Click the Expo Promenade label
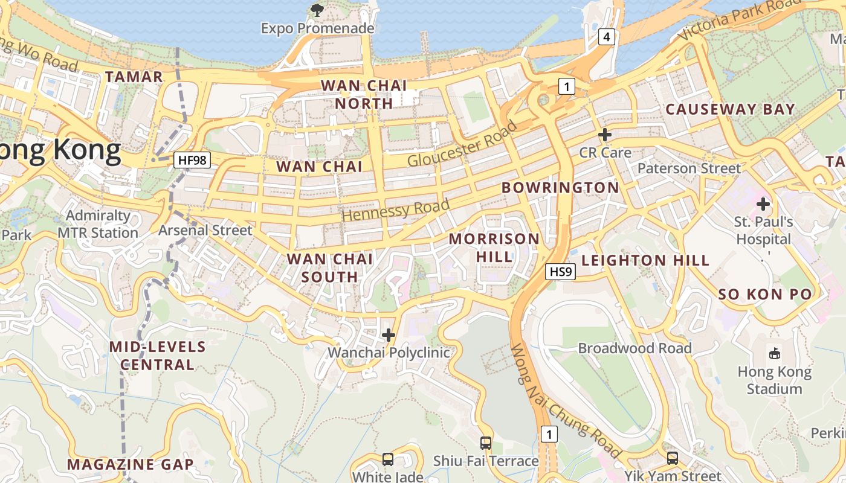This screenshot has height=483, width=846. point(317,28)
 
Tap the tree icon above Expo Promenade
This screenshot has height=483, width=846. point(317,10)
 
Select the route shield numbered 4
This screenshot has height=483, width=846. point(607,37)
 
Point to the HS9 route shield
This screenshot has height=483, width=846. point(560,272)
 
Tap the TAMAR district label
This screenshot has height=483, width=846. point(134,77)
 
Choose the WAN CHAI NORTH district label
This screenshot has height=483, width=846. point(364,94)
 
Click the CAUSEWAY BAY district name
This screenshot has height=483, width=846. point(730,109)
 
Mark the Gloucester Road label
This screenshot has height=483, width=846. point(462,144)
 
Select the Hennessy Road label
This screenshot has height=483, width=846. point(396,209)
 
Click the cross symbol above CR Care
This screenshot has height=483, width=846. point(604,135)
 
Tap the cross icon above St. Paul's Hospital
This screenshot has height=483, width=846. point(763,204)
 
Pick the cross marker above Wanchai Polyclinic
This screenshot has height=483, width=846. point(389,334)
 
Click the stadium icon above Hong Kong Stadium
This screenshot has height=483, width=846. point(774,353)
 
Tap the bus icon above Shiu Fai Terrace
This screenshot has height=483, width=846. point(486,443)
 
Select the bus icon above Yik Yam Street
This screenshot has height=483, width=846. point(673,458)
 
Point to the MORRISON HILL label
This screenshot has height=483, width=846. point(494,248)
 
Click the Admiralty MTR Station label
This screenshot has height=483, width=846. point(98,224)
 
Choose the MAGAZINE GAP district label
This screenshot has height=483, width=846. point(131,464)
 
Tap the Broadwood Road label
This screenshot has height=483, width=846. point(634,348)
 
